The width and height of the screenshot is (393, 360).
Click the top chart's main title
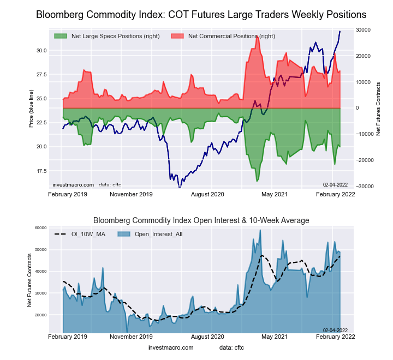201,15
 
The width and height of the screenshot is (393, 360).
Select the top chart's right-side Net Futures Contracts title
378,108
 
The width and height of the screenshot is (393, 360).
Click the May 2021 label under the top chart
275,194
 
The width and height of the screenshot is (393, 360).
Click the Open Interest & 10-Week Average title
201,220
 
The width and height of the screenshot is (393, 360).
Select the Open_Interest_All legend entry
153,233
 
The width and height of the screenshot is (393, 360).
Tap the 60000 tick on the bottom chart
40,228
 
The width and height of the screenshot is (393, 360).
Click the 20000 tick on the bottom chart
40,315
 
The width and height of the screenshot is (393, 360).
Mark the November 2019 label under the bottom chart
130,337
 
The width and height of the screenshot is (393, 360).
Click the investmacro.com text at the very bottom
171,347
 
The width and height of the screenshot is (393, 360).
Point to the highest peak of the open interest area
260,230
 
